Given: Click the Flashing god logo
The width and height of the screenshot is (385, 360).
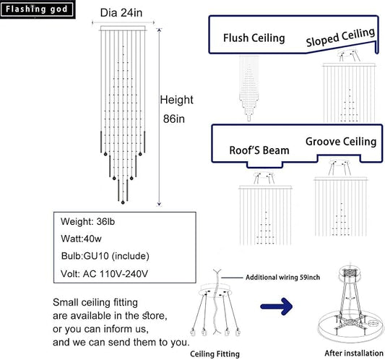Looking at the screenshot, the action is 37,9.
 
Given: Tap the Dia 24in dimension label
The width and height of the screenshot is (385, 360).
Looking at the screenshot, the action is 121,13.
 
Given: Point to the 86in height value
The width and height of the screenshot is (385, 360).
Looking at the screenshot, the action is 174,119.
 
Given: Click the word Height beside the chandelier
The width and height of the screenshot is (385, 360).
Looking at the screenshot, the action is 176,100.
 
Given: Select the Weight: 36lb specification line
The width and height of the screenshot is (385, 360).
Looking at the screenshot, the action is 87,222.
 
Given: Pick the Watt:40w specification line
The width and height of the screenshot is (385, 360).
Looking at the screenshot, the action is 81,239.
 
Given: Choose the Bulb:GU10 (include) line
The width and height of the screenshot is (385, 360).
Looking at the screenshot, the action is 105,256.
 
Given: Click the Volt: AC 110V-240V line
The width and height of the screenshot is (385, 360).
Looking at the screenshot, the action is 104,273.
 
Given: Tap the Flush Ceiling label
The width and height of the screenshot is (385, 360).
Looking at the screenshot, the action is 254,38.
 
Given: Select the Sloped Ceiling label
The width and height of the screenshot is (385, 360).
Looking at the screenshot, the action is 340,37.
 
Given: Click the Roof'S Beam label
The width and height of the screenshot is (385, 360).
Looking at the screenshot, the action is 259,150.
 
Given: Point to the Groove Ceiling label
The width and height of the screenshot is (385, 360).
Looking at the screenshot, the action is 341,142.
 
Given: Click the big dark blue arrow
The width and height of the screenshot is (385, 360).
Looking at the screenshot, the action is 277,307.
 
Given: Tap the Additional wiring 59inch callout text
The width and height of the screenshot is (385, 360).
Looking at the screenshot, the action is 282,278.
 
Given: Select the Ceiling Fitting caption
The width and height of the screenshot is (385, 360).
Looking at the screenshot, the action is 215,354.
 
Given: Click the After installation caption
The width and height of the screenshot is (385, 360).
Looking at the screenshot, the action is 354,353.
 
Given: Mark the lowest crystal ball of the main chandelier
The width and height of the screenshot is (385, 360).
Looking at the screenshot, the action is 123,202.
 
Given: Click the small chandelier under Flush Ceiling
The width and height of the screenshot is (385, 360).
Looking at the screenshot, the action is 249,88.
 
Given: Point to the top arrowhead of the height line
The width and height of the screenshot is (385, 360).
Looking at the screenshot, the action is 159,30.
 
